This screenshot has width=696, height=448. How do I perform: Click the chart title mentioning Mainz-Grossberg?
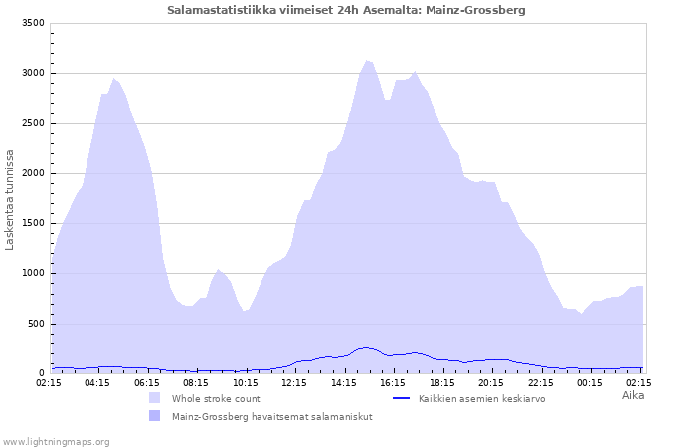point(346,10)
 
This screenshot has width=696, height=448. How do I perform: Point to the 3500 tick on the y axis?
point(33,23)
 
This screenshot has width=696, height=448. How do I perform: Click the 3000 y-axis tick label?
point(33,73)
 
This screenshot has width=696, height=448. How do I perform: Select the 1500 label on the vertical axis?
point(33,223)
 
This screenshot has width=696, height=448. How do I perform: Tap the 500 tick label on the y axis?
point(36,324)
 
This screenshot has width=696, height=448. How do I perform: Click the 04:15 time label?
point(97,383)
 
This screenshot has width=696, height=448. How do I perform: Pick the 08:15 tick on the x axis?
point(196,383)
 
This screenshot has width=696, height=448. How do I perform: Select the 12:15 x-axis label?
point(294,383)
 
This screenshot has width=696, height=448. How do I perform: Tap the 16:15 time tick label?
point(393,383)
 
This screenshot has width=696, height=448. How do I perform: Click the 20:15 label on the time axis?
point(491,383)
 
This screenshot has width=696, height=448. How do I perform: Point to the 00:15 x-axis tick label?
point(590,383)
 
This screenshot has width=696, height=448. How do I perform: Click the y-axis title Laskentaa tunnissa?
point(9,200)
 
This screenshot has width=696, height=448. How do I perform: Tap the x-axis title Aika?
point(633,395)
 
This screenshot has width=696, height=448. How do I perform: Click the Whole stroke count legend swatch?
point(154,398)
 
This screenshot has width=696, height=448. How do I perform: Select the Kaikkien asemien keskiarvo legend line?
point(402,398)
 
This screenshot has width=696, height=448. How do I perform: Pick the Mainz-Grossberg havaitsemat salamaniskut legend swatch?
point(154,416)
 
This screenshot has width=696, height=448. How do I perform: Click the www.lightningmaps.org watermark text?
point(55,442)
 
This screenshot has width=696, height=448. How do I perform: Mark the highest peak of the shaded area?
point(367,61)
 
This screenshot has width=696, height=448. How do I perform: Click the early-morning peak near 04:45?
point(114,79)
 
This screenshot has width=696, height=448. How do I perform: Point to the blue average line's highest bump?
point(365,348)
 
